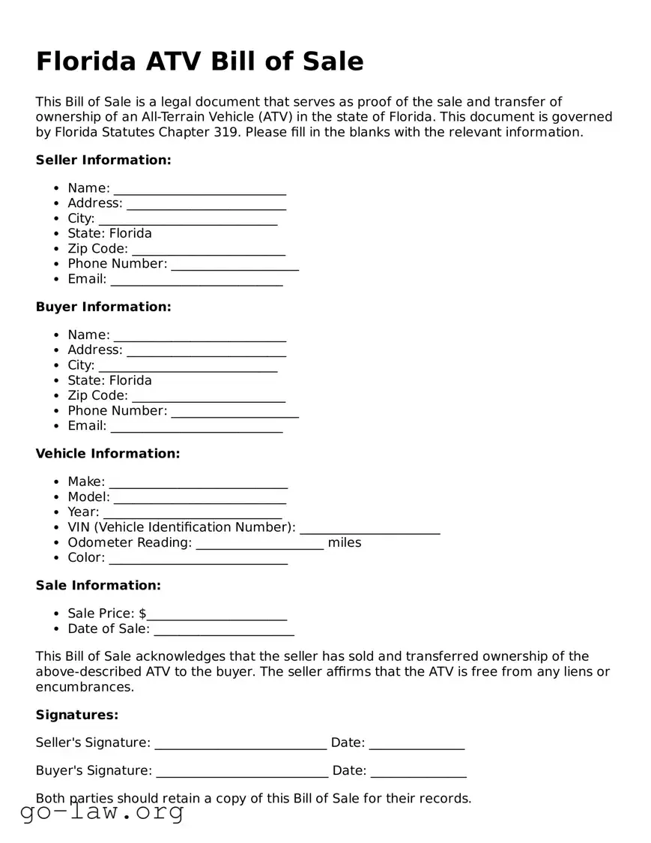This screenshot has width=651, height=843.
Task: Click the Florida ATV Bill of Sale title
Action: click(200, 61)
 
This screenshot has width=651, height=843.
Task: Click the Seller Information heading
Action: click(103, 160)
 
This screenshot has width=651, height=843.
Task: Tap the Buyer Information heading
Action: click(103, 307)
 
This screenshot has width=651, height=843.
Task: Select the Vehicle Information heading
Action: click(108, 454)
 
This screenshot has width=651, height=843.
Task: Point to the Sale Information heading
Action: click(98, 585)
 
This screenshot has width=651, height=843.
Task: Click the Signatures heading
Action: click(77, 715)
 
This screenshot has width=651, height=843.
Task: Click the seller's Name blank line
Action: click(200, 190)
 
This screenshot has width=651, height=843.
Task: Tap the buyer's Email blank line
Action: click(196, 427)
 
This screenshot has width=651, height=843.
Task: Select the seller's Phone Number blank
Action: click(234, 265)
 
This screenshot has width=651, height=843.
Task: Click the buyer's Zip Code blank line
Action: click(208, 397)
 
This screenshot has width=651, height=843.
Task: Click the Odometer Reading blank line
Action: click(260, 544)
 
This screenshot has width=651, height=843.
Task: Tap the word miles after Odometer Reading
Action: click(345, 542)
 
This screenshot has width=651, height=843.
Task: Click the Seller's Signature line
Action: click(240, 745)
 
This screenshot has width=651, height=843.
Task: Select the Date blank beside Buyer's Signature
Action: click(418, 772)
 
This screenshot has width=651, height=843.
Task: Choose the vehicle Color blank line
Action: click(199, 559)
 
